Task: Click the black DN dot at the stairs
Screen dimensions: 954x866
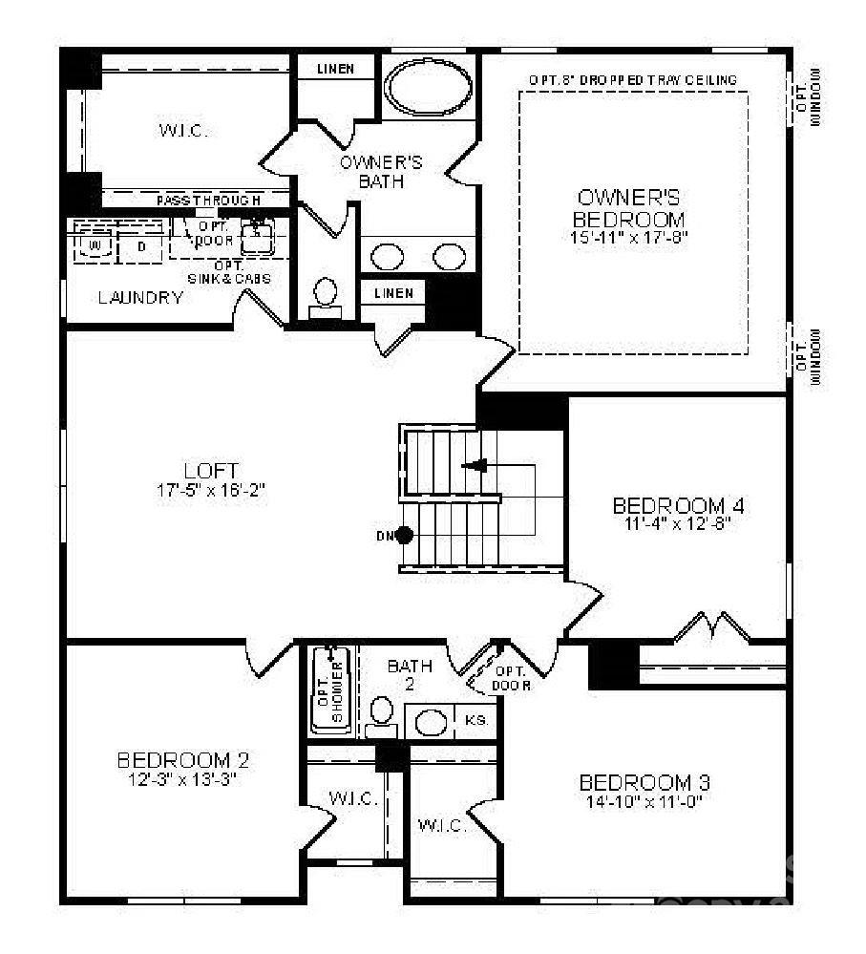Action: pyautogui.click(x=405, y=535)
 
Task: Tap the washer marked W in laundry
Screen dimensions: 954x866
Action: pyautogui.click(x=94, y=246)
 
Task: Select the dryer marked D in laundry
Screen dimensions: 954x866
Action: pyautogui.click(x=140, y=246)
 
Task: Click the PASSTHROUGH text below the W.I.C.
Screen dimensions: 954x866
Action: pyautogui.click(x=208, y=201)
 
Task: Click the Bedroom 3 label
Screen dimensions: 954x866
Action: pyautogui.click(x=644, y=783)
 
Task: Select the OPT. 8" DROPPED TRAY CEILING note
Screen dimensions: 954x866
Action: pyautogui.click(x=632, y=80)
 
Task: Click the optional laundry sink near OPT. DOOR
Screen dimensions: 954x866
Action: pyautogui.click(x=256, y=235)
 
